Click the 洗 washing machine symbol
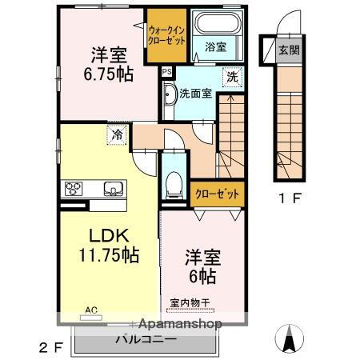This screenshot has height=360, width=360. [232, 78]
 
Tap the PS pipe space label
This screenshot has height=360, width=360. [166, 71]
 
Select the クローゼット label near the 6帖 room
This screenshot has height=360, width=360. [216, 193]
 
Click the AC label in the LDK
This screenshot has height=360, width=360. [91, 309]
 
